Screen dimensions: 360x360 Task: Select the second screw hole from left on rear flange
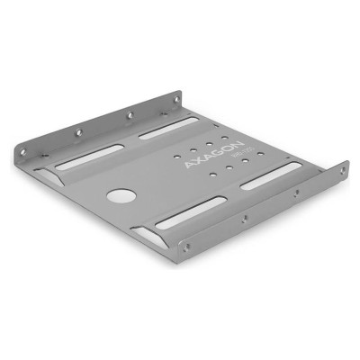pos(130,115)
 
